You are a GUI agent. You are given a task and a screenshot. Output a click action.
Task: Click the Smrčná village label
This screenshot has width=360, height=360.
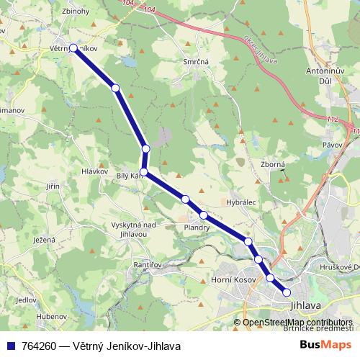(196, 63)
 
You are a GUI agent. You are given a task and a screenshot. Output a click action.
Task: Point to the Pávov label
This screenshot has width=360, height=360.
(332, 145)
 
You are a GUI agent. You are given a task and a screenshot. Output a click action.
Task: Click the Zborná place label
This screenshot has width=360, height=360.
(273, 164)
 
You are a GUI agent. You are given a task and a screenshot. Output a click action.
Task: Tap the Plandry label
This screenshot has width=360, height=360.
(197, 228)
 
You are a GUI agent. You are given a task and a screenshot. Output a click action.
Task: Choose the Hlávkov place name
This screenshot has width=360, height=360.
(95, 171)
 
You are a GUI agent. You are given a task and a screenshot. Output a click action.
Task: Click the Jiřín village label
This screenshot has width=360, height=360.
(52, 186)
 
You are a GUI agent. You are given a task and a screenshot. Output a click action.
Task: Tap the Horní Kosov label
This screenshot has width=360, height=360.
(232, 278)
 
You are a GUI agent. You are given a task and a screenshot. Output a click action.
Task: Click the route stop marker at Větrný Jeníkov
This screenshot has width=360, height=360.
(73, 48)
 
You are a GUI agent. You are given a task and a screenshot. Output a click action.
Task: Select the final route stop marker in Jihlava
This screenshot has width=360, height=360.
(287, 292)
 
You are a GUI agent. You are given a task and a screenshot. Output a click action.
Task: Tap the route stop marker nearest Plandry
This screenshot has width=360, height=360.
(204, 215)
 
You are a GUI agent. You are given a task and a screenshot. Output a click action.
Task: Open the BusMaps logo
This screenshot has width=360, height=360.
(325, 346)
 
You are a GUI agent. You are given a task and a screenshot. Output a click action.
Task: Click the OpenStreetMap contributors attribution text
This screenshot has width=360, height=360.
(297, 323)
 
